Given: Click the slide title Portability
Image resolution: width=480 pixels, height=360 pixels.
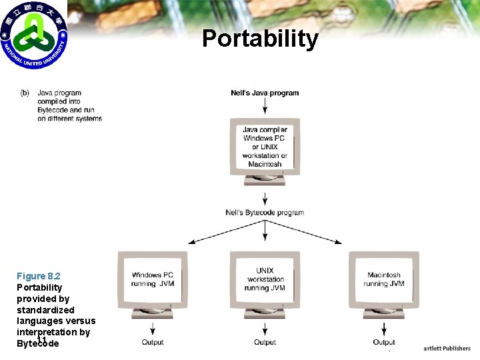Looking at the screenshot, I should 260,39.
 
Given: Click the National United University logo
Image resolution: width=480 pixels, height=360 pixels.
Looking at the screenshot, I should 34,35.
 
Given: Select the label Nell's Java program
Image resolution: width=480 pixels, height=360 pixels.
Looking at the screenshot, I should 265,93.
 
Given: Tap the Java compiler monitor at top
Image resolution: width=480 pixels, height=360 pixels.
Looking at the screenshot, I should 265,148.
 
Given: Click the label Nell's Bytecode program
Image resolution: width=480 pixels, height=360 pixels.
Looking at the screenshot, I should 265,213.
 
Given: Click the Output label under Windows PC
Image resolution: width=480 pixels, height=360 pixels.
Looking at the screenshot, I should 153,343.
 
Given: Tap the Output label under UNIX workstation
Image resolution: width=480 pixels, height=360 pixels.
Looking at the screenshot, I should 265,343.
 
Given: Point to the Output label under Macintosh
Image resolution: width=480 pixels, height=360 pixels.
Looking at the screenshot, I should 383,343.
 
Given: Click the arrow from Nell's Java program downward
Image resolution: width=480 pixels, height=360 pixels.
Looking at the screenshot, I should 265,107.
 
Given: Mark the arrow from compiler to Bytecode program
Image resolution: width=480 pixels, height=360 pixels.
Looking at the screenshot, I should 265,199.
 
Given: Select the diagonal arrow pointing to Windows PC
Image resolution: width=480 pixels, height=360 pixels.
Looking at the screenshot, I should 213,233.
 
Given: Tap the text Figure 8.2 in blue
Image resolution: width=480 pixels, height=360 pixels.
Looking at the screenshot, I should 38,276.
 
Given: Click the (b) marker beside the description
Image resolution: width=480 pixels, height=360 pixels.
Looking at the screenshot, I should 25,93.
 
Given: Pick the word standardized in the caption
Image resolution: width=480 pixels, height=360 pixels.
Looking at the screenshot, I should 45,310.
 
